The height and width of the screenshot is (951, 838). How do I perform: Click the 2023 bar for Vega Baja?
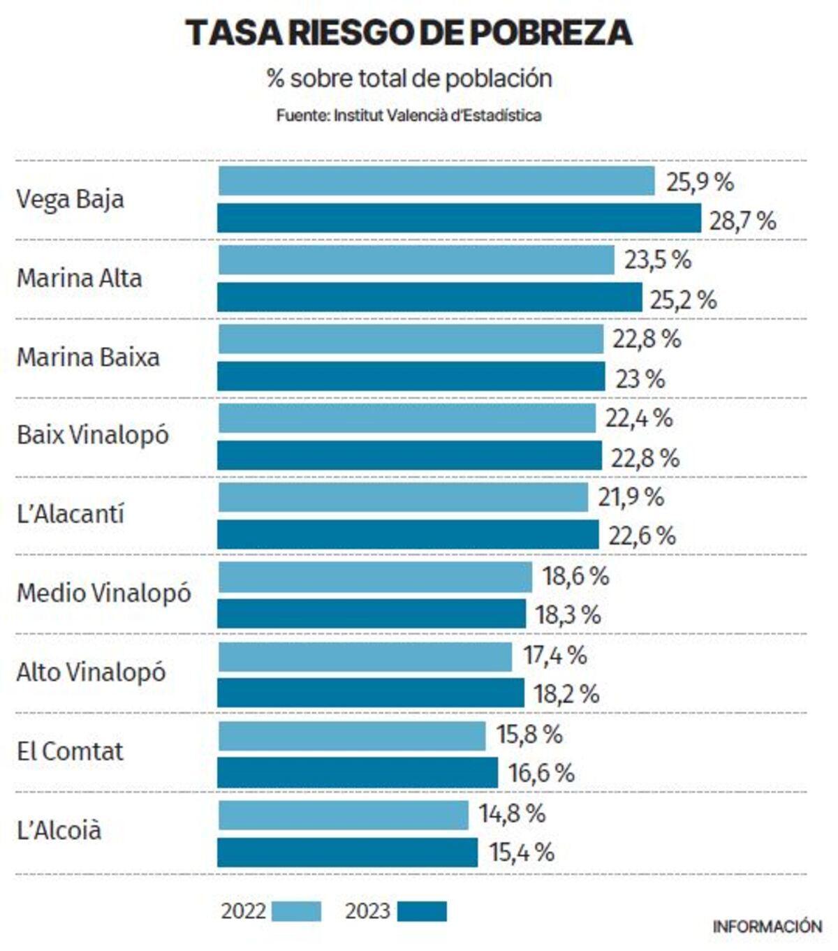(x=459, y=219)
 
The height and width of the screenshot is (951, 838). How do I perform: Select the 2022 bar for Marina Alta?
(x=416, y=260)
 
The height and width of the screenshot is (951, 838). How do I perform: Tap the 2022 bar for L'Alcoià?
(x=343, y=815)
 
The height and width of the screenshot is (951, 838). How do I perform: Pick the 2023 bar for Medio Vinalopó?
(x=372, y=614)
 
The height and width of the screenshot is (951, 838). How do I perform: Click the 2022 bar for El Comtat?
(x=351, y=736)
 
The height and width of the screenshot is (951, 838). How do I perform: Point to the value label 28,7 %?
(x=742, y=221)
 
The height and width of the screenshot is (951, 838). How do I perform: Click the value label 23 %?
(x=640, y=379)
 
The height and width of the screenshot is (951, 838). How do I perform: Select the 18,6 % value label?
(x=575, y=577)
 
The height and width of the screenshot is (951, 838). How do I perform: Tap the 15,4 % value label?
(x=521, y=853)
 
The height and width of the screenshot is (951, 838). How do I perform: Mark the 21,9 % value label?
(x=630, y=498)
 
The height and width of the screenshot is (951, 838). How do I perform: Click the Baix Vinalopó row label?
(x=93, y=435)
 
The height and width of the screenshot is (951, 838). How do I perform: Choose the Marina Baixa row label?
(x=88, y=357)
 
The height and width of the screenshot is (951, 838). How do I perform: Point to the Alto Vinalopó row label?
(x=91, y=672)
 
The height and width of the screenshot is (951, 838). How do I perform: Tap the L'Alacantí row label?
(x=70, y=515)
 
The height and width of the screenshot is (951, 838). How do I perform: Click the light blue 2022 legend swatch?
(x=296, y=912)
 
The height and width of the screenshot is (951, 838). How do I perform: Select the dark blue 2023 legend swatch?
(x=422, y=912)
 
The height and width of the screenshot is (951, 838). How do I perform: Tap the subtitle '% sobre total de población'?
(x=409, y=78)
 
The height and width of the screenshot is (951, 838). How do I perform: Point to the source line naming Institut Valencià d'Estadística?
(x=409, y=115)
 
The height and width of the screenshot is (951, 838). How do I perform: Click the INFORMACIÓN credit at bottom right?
(x=767, y=927)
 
